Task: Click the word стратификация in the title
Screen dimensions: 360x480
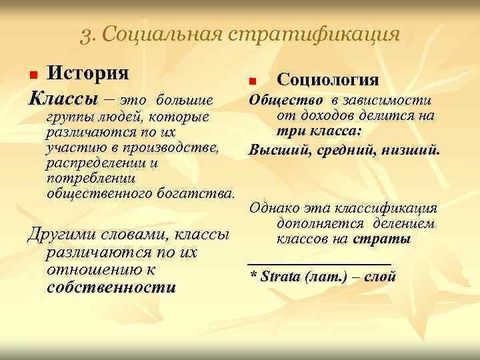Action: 315,34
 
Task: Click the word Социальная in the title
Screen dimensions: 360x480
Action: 165,34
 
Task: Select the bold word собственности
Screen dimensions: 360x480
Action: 111,288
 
